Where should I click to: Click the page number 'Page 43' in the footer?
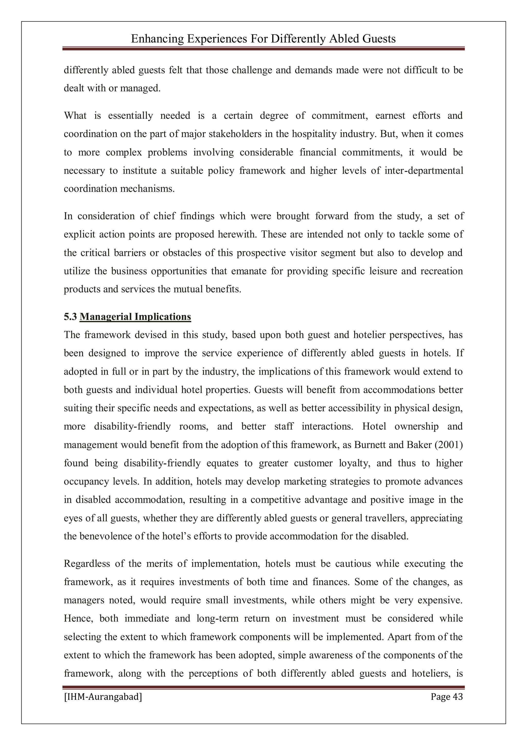click(446, 697)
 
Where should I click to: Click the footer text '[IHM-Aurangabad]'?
click(103, 697)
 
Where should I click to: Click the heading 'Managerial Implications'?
click(135, 317)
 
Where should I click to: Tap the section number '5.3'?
click(70, 317)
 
